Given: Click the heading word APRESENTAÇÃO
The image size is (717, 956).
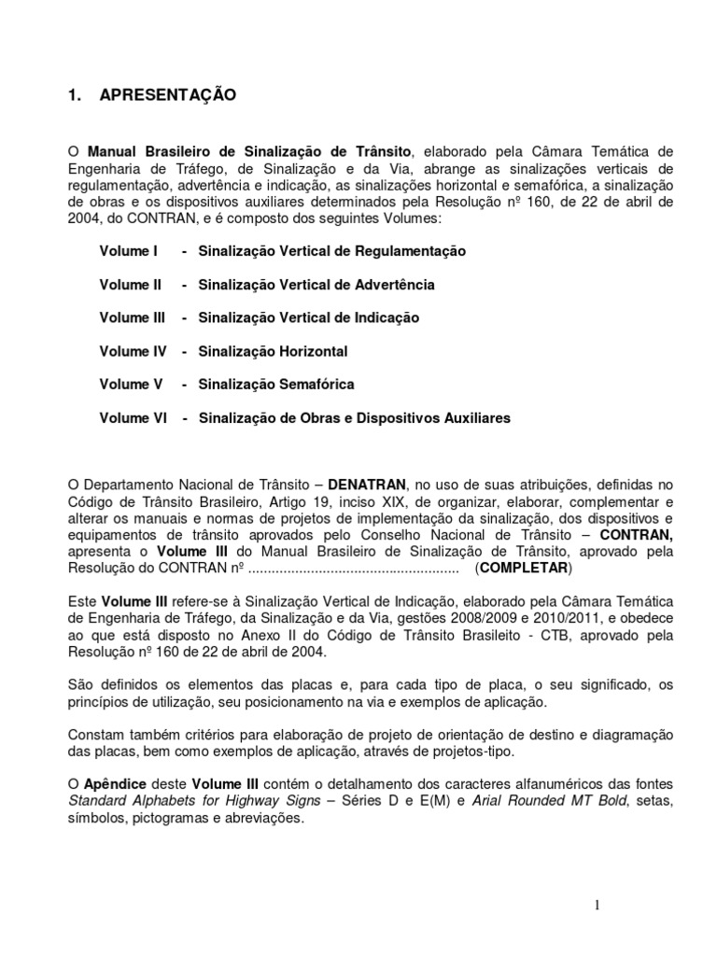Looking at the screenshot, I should tap(168, 95).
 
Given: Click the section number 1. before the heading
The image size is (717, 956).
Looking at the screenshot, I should tap(77, 95).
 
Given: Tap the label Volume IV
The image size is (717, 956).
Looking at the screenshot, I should tap(133, 352).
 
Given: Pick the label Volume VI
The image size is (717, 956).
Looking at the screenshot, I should tap(133, 418).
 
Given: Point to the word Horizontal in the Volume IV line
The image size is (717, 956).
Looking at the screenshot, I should tap(311, 352).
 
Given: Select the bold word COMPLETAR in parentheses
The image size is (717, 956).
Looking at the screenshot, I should tap(523, 569).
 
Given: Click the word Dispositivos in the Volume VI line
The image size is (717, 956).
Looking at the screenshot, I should tap(382, 418).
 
